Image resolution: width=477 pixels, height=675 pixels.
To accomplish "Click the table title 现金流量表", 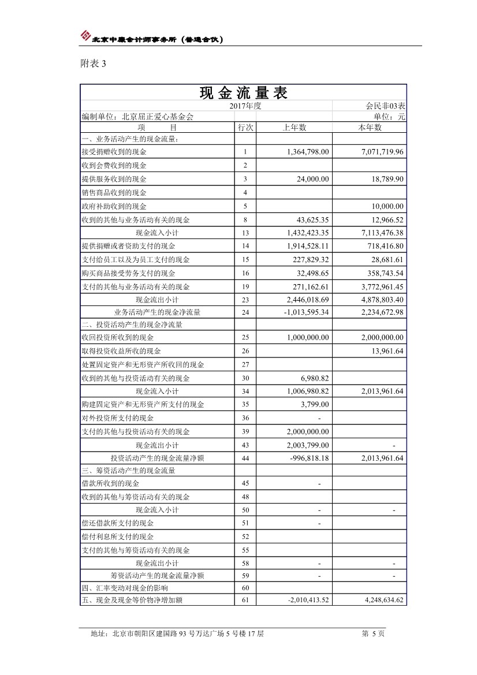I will coord(243,93).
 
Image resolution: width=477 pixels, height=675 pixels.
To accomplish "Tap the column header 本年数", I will coord(370,128).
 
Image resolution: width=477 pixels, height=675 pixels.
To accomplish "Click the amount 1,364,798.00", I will coord(308,152).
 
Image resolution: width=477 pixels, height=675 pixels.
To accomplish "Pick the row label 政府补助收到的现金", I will coord(114,206).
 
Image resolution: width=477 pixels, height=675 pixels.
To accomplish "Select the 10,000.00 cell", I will coord(387,206).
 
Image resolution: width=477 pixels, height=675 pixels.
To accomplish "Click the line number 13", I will coord(245,233).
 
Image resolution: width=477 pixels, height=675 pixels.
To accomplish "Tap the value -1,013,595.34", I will coord(306,312).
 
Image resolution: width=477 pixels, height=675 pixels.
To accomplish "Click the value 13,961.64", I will coord(387,351).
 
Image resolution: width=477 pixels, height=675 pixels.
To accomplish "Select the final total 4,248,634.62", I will coord(377,600).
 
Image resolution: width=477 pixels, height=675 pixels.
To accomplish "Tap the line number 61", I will coord(245,600).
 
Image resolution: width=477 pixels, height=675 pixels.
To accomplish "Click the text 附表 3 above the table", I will coord(92,64).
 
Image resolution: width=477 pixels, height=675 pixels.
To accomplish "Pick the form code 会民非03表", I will coord(385,106).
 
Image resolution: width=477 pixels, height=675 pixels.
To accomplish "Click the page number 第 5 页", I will coord(372,634).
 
